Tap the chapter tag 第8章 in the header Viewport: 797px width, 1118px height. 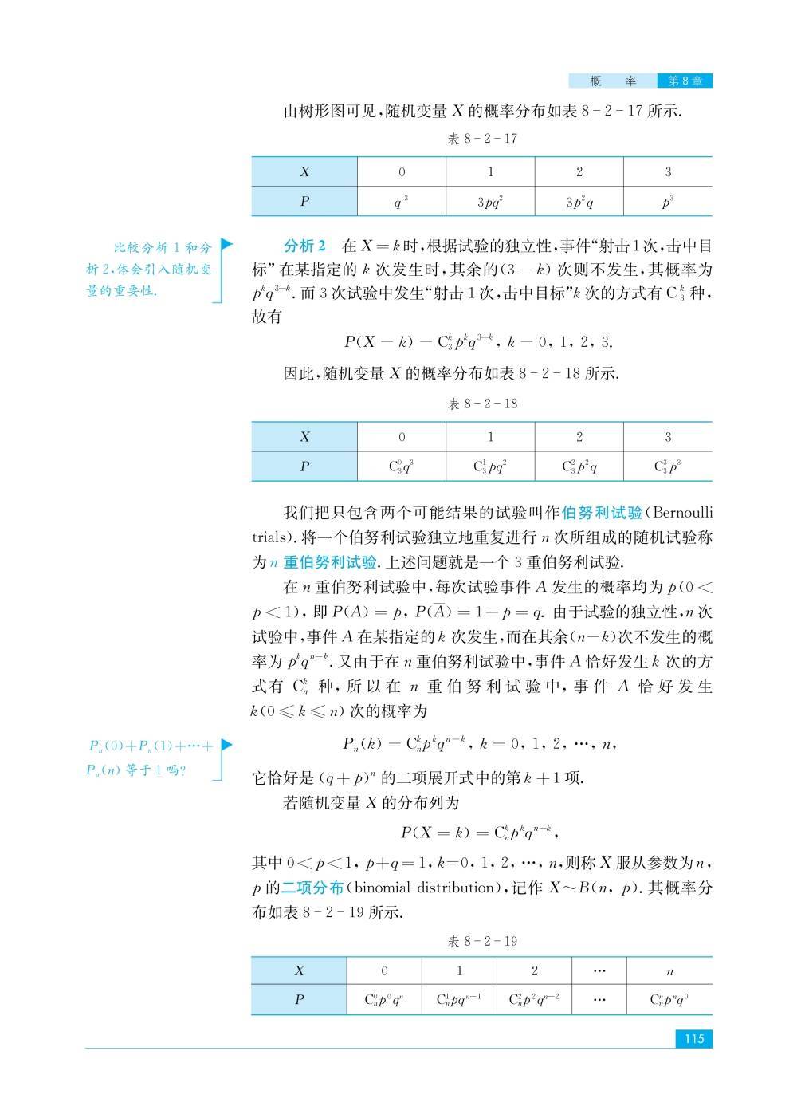685,81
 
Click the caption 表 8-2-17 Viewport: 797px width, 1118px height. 482,139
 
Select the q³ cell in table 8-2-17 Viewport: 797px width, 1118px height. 402,202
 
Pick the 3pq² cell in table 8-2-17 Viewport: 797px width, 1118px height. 490,202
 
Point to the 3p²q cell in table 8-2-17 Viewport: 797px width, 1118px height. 579,202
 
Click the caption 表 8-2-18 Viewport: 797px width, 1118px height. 482,404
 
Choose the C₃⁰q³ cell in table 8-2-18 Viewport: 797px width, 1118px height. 402,467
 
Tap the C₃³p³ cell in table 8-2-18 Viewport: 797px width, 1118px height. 668,467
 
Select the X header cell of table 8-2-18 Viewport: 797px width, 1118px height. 304,437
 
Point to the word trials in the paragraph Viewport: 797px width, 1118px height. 270,537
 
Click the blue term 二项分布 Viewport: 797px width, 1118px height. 312,888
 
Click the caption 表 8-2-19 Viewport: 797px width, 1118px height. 482,941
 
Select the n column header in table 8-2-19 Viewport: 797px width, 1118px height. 669,971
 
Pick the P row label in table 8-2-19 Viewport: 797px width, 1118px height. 299,999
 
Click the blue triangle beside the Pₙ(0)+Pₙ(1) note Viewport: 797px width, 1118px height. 226,745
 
